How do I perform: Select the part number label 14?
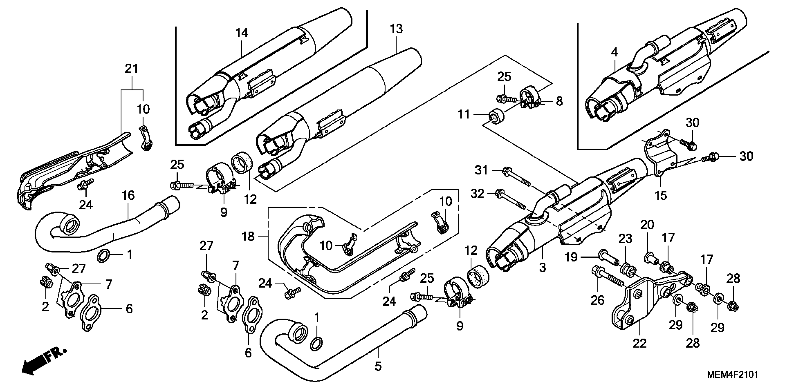coord(242,33)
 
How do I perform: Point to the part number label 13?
coord(397,29)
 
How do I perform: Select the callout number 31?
coord(481,170)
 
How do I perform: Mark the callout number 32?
coord(478,193)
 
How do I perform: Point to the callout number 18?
coord(248,236)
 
